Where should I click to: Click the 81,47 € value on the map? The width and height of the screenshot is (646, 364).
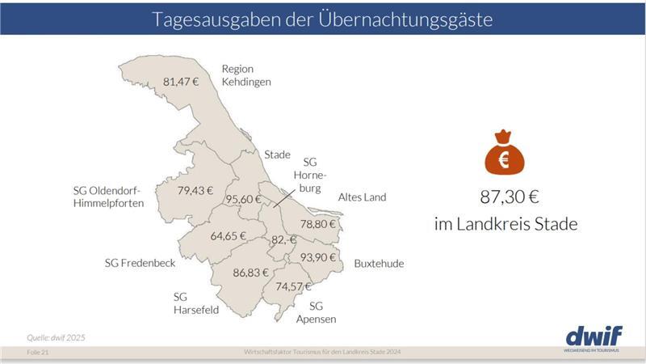coord(181,82)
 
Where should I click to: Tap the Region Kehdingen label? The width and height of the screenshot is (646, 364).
coord(245,75)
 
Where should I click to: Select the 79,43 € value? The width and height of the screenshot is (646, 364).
coord(195,191)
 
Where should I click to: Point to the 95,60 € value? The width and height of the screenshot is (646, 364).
coord(243,199)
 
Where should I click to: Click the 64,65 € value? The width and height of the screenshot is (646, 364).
coord(228,236)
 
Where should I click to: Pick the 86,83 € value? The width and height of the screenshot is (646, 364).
coord(250,273)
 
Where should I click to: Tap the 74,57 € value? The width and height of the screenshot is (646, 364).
coord(293,286)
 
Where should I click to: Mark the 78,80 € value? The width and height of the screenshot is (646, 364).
coord(318,224)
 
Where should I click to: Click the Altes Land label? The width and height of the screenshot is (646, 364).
coord(362,197)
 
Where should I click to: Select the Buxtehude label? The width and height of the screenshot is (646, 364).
coord(379,264)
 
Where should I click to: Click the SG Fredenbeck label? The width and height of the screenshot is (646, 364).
coord(140,263)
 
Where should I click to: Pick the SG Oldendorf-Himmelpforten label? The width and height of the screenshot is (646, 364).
coord(108,197)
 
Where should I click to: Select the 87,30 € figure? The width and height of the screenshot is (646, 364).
coord(505,196)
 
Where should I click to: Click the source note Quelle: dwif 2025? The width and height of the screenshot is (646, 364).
coord(56,337)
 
